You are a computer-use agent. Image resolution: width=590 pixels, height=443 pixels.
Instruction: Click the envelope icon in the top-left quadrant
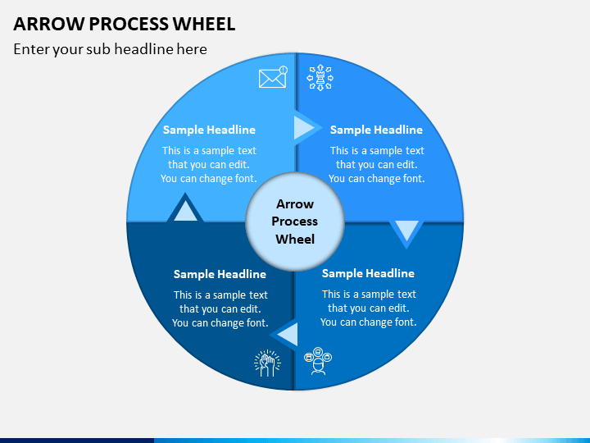click(x=273, y=77)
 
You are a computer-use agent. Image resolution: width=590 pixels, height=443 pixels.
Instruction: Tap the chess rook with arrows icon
click(x=320, y=78)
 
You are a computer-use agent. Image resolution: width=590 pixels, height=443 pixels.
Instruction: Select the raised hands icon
click(x=267, y=363)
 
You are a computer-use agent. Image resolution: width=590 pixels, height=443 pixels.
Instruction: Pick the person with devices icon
click(x=318, y=361)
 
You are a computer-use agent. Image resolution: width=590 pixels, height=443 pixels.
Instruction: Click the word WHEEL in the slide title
click(x=204, y=24)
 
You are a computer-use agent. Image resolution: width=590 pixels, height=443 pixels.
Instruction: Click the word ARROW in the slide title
click(x=49, y=24)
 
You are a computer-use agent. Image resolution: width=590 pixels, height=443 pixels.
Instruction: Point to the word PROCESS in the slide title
click(x=129, y=24)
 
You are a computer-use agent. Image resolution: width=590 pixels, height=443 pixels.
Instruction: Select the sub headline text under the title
click(x=111, y=49)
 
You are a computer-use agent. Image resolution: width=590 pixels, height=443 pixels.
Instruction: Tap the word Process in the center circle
click(x=295, y=221)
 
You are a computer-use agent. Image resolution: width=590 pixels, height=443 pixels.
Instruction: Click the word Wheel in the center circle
click(x=295, y=240)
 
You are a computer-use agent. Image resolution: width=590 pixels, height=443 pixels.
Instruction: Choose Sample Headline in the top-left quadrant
click(x=209, y=130)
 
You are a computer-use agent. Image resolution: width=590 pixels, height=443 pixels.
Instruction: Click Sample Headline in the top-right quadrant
click(x=376, y=130)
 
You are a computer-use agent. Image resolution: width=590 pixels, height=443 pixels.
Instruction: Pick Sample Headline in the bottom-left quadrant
click(x=220, y=274)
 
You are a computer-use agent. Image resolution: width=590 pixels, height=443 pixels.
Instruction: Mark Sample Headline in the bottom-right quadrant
click(x=368, y=273)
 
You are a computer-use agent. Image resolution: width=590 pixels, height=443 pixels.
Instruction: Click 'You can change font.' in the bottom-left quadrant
click(x=220, y=323)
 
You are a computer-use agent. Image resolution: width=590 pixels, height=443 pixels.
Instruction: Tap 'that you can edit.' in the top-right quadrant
click(x=377, y=165)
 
